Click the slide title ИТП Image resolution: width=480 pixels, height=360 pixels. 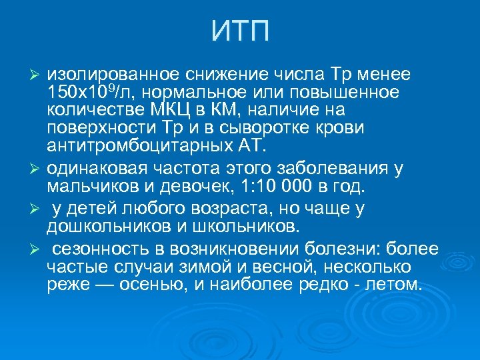pos(241,32)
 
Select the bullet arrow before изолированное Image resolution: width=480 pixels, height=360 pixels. pos(37,73)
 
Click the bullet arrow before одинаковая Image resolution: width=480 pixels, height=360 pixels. pos(37,167)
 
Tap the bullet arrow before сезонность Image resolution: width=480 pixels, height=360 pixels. pos(37,249)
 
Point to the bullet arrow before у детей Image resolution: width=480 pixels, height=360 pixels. pos(37,209)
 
